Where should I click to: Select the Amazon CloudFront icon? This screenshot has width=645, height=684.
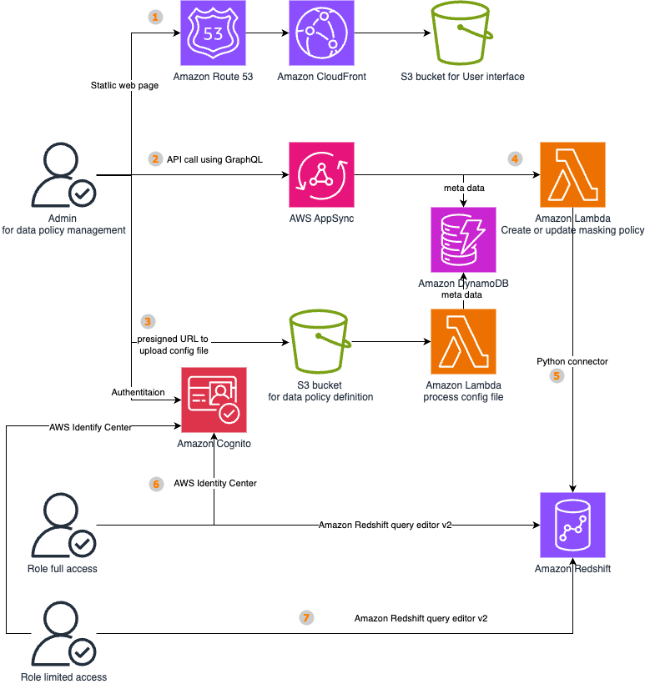tap(322, 33)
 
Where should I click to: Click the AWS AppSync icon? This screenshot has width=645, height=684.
tap(321, 174)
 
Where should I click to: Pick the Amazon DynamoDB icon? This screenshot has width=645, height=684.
tap(462, 240)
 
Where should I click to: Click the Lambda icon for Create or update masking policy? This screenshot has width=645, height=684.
tap(572, 174)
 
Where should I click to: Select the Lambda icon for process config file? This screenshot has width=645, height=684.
tap(463, 342)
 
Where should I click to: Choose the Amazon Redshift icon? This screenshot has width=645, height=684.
tap(572, 525)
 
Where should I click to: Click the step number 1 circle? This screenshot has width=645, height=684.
tap(154, 18)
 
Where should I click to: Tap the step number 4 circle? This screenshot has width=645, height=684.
tap(515, 158)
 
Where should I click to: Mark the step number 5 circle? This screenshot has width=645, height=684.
tap(557, 376)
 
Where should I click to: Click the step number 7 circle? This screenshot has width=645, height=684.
tap(306, 618)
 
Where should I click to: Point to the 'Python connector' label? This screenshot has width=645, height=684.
tap(572, 361)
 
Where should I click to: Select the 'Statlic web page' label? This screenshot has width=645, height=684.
tap(124, 85)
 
